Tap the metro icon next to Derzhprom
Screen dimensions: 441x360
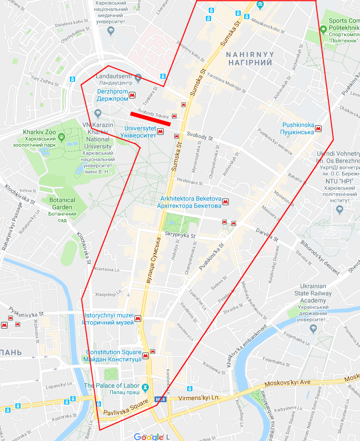click(138, 95)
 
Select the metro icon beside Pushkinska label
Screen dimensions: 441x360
click(318, 128)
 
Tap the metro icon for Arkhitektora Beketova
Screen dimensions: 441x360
click(225, 202)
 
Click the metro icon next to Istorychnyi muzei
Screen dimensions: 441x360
click(138, 319)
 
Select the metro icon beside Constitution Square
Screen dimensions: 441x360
click(146, 355)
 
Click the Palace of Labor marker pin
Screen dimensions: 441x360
click(146, 386)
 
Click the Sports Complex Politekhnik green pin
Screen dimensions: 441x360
click(323, 30)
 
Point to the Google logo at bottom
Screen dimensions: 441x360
click(148, 436)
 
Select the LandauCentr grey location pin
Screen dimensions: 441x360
click(138, 77)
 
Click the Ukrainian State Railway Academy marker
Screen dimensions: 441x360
click(314, 328)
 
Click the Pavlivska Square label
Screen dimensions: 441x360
click(123, 412)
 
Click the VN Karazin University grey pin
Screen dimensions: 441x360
click(98, 113)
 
